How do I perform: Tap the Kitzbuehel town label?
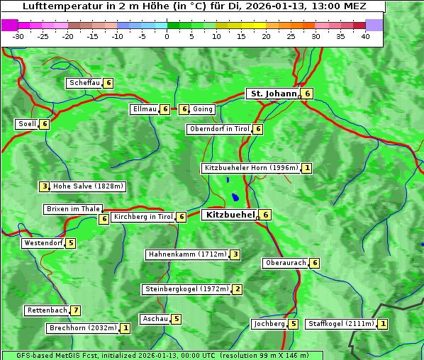(x=229, y=215)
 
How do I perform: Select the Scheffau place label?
(x=84, y=83)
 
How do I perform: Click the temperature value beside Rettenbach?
(x=76, y=310)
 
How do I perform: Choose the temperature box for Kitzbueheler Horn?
(x=306, y=168)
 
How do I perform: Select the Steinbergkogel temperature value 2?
(x=238, y=289)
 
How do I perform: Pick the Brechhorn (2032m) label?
(x=83, y=328)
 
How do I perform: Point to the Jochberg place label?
(x=269, y=324)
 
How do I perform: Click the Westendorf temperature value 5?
(x=71, y=243)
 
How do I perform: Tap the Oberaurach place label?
(x=285, y=263)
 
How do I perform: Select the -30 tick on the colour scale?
(x=18, y=36)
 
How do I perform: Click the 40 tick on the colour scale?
(x=365, y=36)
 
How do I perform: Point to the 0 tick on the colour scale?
(x=167, y=36)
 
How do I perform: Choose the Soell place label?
(x=27, y=124)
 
